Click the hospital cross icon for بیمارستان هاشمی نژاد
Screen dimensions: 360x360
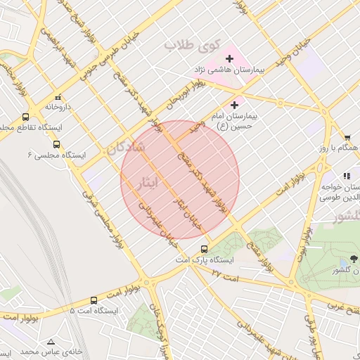(x=229, y=58)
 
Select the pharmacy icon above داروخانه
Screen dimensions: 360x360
(x=58, y=96)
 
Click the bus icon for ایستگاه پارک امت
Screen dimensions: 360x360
(x=205, y=248)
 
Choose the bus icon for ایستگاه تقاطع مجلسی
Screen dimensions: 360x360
(x=26, y=117)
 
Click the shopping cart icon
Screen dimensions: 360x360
(x=347, y=137)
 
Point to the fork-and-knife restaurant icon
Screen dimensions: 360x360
(x=346, y=176)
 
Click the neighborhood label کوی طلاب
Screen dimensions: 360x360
(x=188, y=45)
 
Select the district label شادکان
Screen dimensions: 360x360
(x=126, y=147)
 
